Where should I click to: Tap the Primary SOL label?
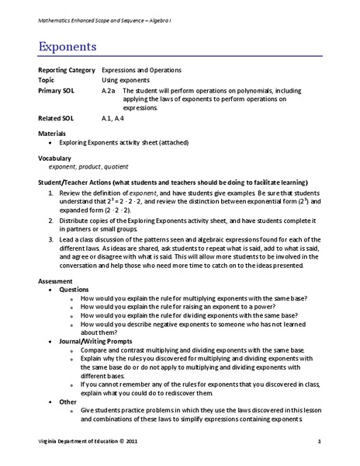point(57,90)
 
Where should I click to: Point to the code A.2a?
point(109,90)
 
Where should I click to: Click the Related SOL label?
point(57,119)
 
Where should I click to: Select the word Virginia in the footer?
point(50,441)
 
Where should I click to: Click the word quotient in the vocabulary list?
point(115,166)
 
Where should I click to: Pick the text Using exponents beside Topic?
point(128,80)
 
